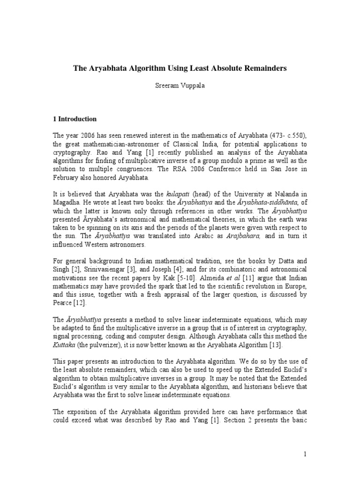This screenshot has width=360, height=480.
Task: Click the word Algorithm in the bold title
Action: pyautogui.click(x=134, y=68)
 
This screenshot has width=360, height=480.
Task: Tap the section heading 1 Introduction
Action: pyautogui.click(x=75, y=119)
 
